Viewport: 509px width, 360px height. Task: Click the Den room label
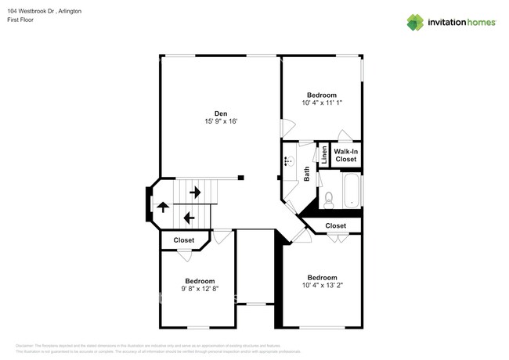click(221, 113)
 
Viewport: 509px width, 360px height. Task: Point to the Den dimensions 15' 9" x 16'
click(221, 121)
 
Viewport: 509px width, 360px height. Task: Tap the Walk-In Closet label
click(345, 155)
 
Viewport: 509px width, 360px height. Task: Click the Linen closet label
click(324, 155)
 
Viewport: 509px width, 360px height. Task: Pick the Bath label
click(307, 174)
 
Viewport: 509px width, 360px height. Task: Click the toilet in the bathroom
click(328, 200)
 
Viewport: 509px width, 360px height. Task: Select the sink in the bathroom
click(288, 163)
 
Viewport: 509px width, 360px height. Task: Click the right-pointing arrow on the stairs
click(195, 191)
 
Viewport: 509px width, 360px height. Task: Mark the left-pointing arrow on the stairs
click(189, 217)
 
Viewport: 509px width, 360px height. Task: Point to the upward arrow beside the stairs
click(163, 207)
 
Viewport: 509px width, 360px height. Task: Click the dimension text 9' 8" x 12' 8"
click(200, 289)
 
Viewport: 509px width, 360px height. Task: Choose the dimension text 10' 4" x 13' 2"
click(322, 286)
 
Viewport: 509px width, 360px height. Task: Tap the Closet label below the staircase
click(184, 240)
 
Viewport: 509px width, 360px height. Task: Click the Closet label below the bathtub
click(335, 226)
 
